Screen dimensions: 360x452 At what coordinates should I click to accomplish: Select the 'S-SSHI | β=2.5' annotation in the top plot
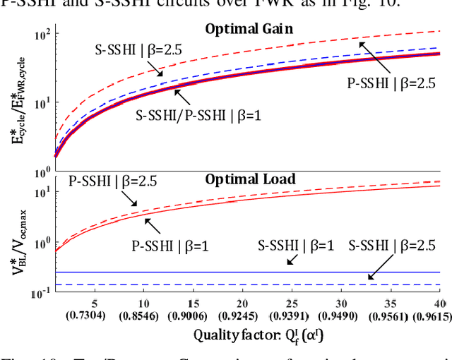click(x=136, y=50)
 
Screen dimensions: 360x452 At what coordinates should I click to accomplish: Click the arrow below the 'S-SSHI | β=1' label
click(x=290, y=261)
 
